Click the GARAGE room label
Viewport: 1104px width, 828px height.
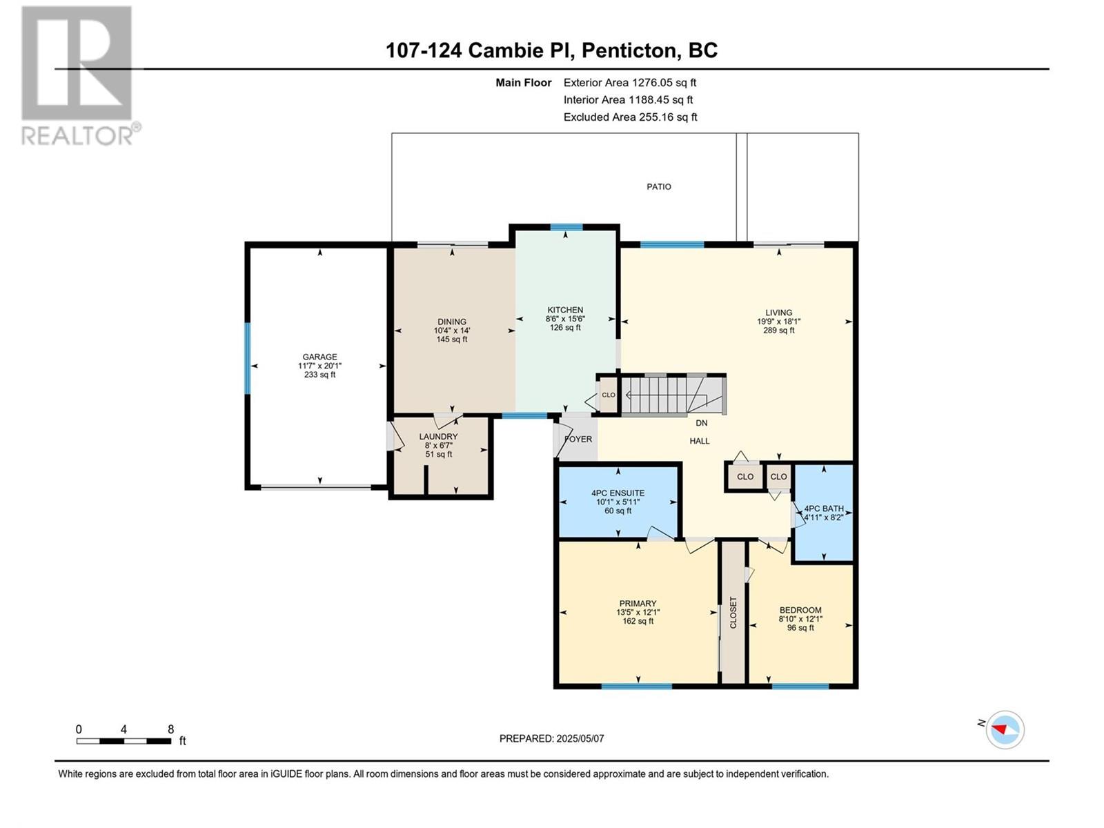(319, 357)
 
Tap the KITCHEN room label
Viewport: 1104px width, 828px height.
(565, 310)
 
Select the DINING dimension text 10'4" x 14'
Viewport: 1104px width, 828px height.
(452, 331)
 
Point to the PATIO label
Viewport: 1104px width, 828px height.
(659, 186)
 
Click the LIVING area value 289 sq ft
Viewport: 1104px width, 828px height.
(778, 331)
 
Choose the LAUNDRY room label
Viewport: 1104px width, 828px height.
(439, 436)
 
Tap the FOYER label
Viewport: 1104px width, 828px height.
(578, 439)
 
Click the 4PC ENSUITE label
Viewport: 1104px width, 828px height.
(618, 493)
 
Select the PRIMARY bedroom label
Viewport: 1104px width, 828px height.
(638, 603)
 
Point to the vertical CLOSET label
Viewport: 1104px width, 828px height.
(733, 612)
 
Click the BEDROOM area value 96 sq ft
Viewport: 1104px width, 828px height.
(800, 628)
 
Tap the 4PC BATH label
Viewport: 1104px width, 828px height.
(824, 509)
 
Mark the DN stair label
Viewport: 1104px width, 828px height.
(702, 423)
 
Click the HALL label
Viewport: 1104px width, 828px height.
(700, 441)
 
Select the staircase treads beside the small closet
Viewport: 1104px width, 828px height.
(673, 395)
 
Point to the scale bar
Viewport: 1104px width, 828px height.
(124, 741)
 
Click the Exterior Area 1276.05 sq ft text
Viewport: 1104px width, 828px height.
(630, 82)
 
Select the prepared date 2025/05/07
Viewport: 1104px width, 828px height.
(580, 738)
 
